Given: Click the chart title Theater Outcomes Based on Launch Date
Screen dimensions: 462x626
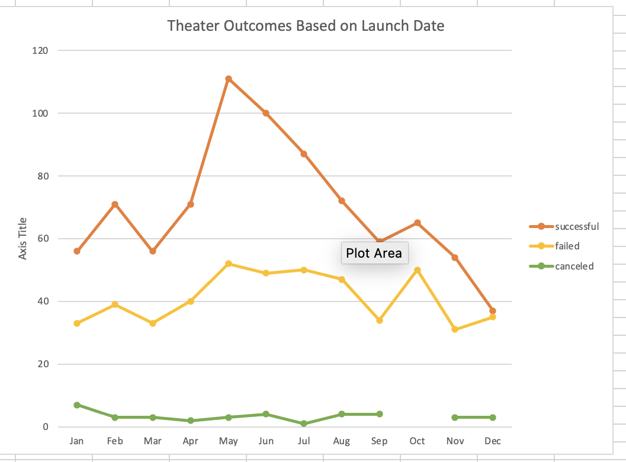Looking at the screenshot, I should pyautogui.click(x=306, y=26).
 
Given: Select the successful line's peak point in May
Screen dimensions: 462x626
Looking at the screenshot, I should pyautogui.click(x=229, y=79).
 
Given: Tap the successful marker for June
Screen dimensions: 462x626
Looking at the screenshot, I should pyautogui.click(x=266, y=113).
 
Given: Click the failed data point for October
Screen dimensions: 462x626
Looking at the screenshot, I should pyautogui.click(x=418, y=270).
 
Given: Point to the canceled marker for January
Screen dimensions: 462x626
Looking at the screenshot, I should pyautogui.click(x=77, y=405).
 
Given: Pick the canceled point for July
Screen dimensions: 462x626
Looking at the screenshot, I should pyautogui.click(x=304, y=423).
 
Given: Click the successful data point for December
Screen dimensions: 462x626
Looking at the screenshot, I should pyautogui.click(x=493, y=311).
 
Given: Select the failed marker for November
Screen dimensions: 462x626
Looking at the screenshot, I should pyautogui.click(x=455, y=329).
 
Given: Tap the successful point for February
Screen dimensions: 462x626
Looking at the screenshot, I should pyautogui.click(x=115, y=204).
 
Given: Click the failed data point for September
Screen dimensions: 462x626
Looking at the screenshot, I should pyautogui.click(x=380, y=320).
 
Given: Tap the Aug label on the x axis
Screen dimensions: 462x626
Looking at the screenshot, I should pyautogui.click(x=342, y=441).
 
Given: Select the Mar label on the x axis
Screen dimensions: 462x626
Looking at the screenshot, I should pyautogui.click(x=153, y=441).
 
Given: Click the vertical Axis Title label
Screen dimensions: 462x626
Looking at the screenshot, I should pyautogui.click(x=23, y=239).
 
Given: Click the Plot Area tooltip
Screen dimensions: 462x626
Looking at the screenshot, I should pyautogui.click(x=374, y=254).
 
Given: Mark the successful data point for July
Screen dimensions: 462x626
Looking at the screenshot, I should pyautogui.click(x=304, y=154).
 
